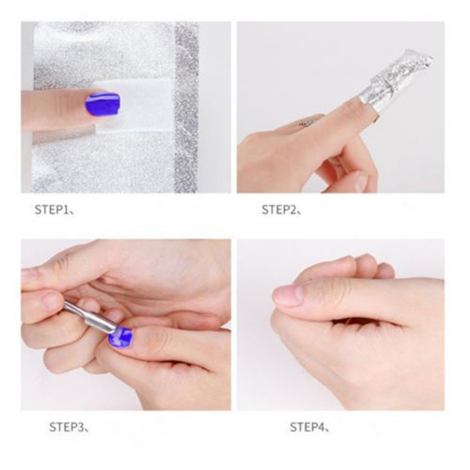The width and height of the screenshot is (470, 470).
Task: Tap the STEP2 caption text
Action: click(x=280, y=210)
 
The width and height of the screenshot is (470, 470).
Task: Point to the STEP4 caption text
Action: click(x=308, y=428)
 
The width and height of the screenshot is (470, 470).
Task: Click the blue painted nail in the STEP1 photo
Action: click(x=102, y=104)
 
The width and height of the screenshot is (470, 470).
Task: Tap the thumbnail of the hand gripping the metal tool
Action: click(x=52, y=301)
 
